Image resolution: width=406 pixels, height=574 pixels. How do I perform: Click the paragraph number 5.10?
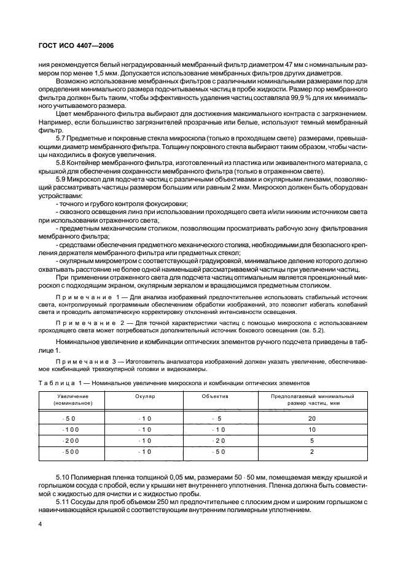coord(63,476)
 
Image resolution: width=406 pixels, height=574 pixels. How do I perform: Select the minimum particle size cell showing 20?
coord(313,418)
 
